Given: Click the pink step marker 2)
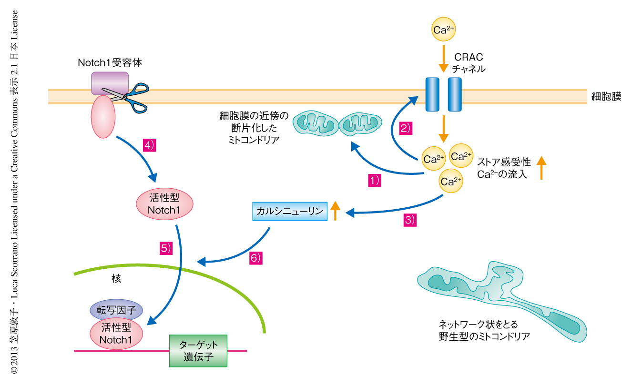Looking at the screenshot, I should point(405,128).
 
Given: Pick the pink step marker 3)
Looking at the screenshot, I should point(410,220).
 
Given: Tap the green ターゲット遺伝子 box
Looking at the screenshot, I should point(198,351).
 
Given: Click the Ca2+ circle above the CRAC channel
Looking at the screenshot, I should point(443,30).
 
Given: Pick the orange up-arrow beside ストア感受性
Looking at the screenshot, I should point(541,168).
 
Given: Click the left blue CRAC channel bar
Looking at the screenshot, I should point(432,94).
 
